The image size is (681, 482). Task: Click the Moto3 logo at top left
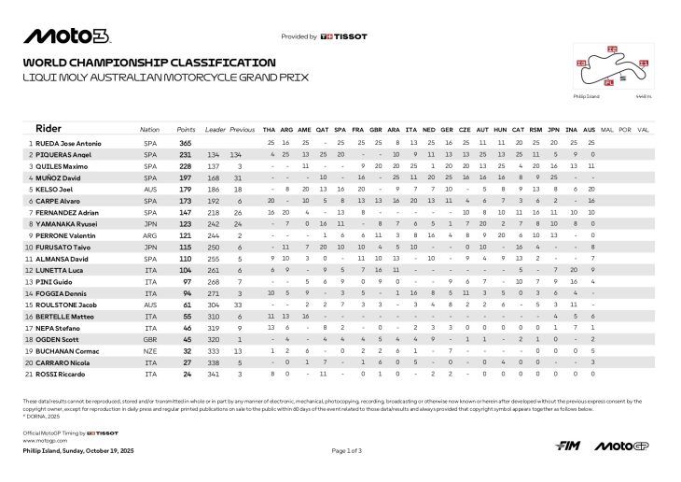67,36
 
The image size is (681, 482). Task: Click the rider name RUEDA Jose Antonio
65,143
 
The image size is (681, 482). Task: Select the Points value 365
186,143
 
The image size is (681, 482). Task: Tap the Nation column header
149,129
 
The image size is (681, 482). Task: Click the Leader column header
215,129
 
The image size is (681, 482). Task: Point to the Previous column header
243,129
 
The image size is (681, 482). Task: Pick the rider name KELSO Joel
52,188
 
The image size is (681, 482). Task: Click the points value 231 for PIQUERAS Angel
186,154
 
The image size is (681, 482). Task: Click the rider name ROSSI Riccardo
54,373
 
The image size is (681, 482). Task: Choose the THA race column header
270,129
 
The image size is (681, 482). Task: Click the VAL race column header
643,129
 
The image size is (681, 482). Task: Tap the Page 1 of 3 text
347,450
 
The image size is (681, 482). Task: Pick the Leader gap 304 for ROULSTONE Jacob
214,305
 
